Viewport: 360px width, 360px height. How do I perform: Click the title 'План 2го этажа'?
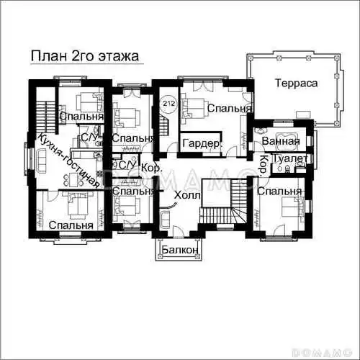pyautogui.click(x=85, y=56)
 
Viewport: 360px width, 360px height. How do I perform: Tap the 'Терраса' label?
pyautogui.click(x=296, y=83)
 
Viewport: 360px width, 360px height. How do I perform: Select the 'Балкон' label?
pyautogui.click(x=180, y=250)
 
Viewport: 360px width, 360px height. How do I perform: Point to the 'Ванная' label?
pyautogui.click(x=281, y=141)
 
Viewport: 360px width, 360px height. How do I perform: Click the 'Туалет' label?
pyautogui.click(x=289, y=158)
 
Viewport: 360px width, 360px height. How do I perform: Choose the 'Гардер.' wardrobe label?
pyautogui.click(x=202, y=143)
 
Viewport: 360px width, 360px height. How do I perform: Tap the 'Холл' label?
pyautogui.click(x=187, y=195)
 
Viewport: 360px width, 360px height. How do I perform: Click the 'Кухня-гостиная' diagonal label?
pyautogui.click(x=69, y=161)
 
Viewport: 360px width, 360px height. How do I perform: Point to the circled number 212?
pyautogui.click(x=169, y=104)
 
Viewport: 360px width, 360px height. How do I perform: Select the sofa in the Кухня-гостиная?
pyautogui.click(x=42, y=161)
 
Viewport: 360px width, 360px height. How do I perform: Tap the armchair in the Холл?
pyautogui.click(x=164, y=219)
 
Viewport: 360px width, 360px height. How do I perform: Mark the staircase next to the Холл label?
pyautogui.click(x=223, y=201)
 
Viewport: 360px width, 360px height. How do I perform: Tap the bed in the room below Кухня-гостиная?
pyautogui.click(x=77, y=205)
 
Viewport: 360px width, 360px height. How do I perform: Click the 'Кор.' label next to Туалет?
pyautogui.click(x=264, y=164)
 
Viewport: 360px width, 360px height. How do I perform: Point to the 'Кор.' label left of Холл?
pyautogui.click(x=152, y=168)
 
